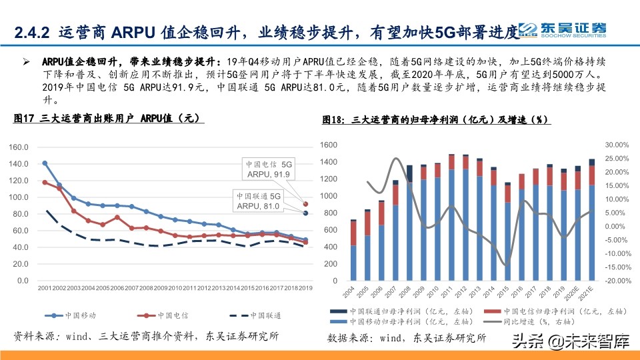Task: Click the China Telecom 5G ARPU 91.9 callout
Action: tap(268, 169)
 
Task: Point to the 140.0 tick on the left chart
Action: tap(19, 164)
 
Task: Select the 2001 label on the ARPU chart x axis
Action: tap(44, 288)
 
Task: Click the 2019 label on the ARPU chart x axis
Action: tap(305, 288)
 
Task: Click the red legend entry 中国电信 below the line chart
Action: tap(167, 315)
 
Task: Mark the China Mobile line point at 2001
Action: tap(45, 163)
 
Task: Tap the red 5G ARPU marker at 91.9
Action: tap(306, 204)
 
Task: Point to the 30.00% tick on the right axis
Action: tap(617, 145)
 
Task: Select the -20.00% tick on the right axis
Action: tap(617, 281)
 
